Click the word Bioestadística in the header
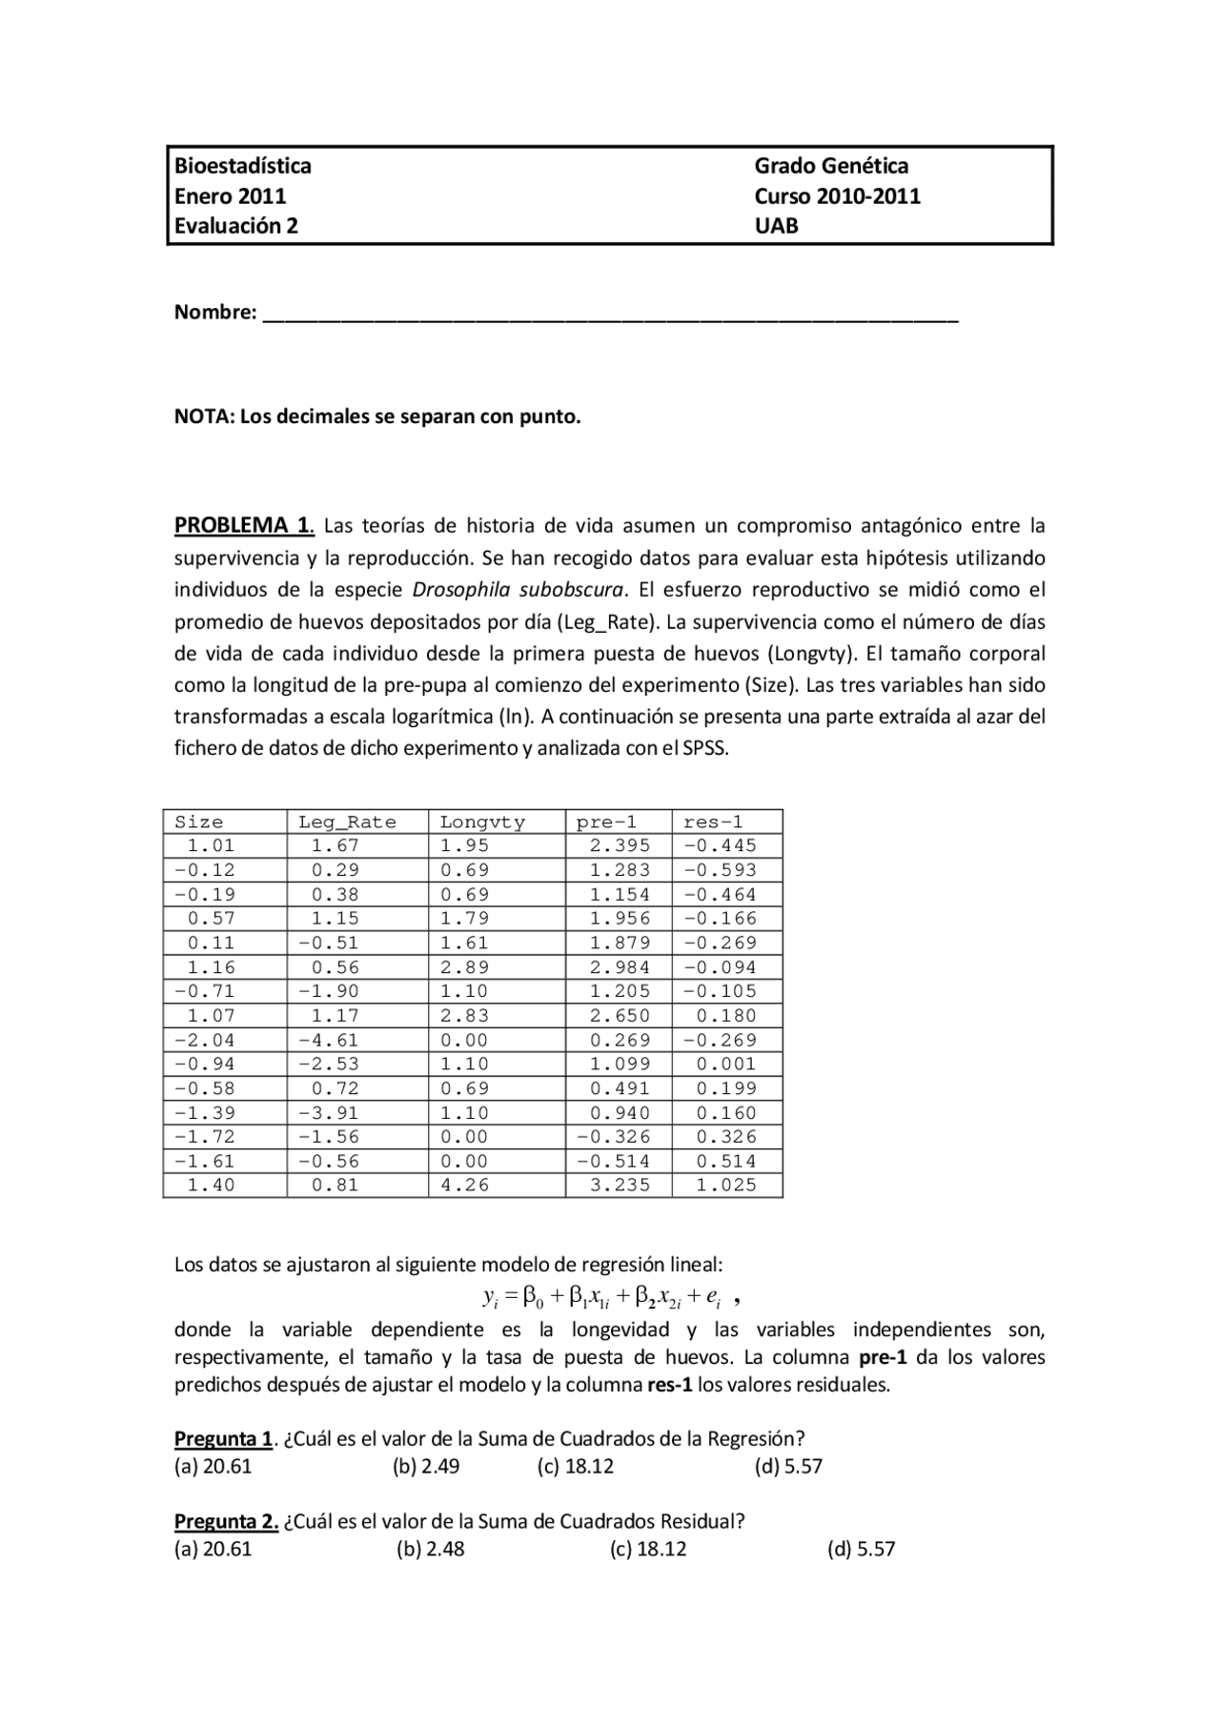242,166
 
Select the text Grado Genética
831,166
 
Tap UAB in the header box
776,226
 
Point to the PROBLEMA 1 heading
244,525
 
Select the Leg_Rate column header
347,822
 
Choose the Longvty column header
481,822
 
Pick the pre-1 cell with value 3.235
620,1185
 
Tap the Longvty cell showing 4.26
464,1185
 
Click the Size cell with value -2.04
204,1040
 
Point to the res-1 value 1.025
726,1185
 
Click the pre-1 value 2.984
620,966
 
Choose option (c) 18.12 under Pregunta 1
576,1466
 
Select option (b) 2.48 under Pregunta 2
431,1549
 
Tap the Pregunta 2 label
226,1521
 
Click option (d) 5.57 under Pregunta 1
788,1466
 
